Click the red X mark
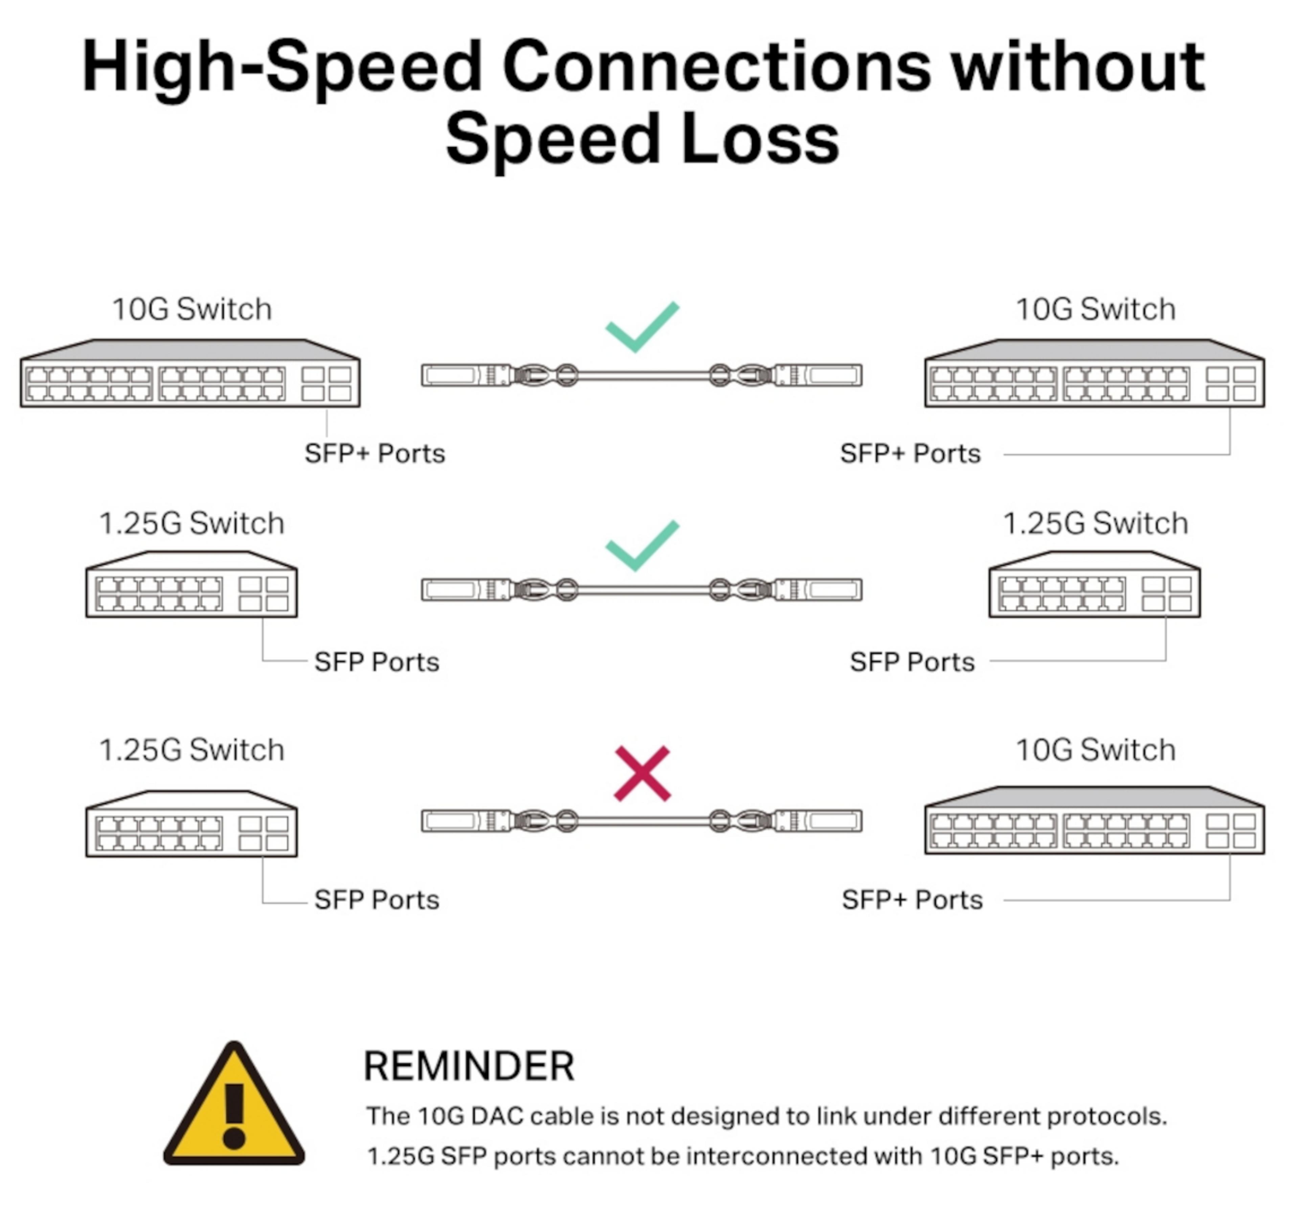pyautogui.click(x=642, y=773)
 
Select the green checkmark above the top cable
pyautogui.click(x=642, y=327)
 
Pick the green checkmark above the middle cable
pyautogui.click(x=642, y=545)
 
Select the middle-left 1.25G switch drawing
pyautogui.click(x=191, y=584)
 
